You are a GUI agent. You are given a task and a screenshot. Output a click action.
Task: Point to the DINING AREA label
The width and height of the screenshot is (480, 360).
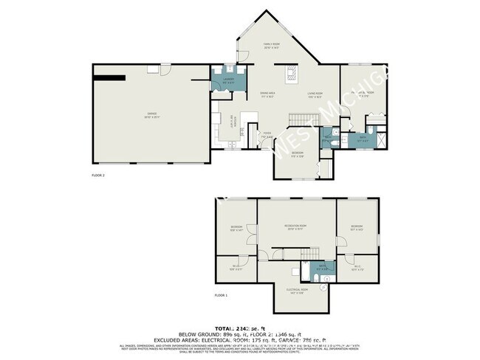point(267,94)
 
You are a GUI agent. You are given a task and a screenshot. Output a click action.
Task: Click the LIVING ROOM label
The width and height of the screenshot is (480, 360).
point(315,94)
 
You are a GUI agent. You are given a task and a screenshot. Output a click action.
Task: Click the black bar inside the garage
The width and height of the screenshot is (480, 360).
point(109,76)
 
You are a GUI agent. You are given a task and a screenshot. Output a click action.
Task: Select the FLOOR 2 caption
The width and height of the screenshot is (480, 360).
point(98,176)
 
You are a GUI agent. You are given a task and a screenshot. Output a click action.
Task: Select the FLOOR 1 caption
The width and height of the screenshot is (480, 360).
point(222,294)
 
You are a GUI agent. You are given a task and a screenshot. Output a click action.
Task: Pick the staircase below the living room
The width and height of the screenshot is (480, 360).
point(326,165)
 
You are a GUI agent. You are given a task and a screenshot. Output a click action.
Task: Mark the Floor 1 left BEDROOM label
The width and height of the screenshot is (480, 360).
point(236,227)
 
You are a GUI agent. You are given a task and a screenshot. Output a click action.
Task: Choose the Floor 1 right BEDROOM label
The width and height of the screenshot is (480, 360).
point(357,227)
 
